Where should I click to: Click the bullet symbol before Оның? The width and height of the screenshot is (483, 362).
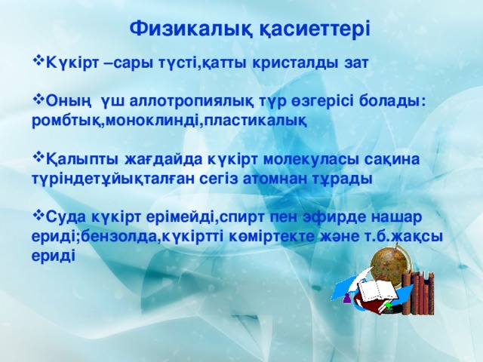click(38, 102)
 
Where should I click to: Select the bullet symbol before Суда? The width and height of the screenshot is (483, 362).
click(38, 218)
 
